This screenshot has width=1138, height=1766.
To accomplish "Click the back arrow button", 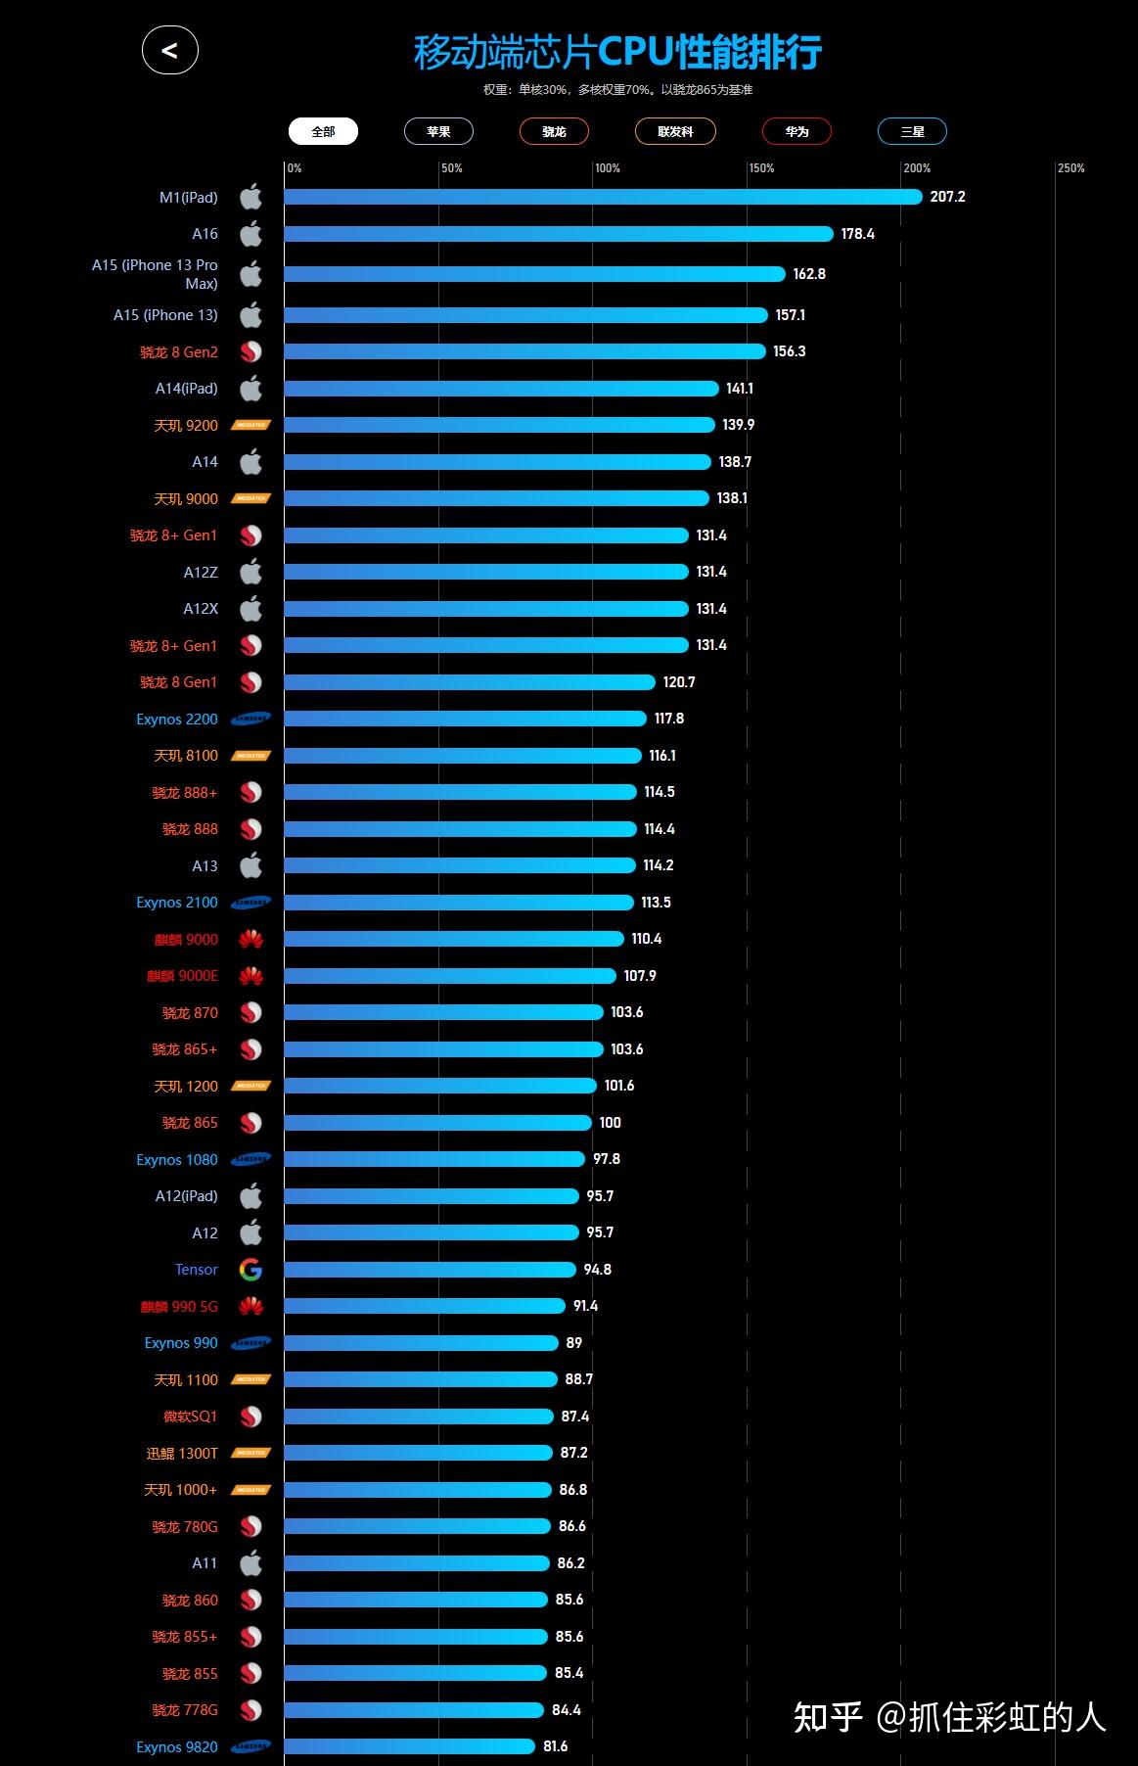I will pyautogui.click(x=170, y=51).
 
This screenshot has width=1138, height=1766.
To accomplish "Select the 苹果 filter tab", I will pyautogui.click(x=438, y=131).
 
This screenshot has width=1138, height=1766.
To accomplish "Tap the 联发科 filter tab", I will pyautogui.click(x=675, y=131).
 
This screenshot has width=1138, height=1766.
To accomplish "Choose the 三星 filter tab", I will pyautogui.click(x=912, y=131).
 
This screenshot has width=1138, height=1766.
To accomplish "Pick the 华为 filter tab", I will pyautogui.click(x=797, y=131).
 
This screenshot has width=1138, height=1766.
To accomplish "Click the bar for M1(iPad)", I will pyautogui.click(x=603, y=197).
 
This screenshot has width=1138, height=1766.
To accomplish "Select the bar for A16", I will pyautogui.click(x=559, y=234).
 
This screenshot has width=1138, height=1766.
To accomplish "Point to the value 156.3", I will pyautogui.click(x=790, y=351).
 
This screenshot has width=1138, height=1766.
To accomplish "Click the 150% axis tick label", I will pyautogui.click(x=761, y=168).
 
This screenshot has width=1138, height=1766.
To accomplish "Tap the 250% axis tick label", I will pyautogui.click(x=1070, y=168).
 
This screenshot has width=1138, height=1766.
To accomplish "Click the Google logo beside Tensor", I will pyautogui.click(x=250, y=1270).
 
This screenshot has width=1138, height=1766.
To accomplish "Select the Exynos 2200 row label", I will pyautogui.click(x=177, y=719).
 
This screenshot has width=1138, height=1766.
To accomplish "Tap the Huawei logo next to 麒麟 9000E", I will pyautogui.click(x=250, y=976).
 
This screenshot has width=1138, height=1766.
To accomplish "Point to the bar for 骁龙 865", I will pyautogui.click(x=438, y=1123).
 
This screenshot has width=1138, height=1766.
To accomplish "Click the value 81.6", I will pyautogui.click(x=556, y=1746).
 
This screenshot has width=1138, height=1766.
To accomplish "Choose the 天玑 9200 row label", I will pyautogui.click(x=186, y=425).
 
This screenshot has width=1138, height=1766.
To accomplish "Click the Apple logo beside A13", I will pyautogui.click(x=250, y=865).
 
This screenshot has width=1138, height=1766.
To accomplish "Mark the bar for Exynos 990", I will pyautogui.click(x=422, y=1343).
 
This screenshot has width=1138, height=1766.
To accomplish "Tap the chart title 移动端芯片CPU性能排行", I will pyautogui.click(x=617, y=52).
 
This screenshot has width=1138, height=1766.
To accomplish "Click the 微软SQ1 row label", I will pyautogui.click(x=191, y=1417).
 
